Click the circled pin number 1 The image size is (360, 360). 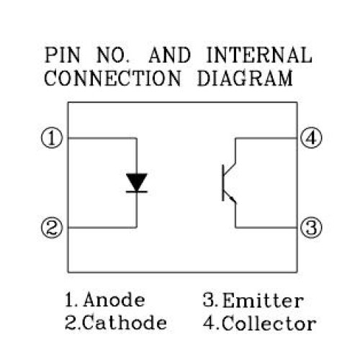(x=52, y=138)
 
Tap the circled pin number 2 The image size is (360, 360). (x=52, y=228)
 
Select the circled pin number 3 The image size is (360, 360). (x=311, y=228)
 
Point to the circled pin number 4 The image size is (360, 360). (x=311, y=138)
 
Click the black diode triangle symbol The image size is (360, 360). (x=137, y=181)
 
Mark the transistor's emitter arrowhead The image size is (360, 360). (x=232, y=199)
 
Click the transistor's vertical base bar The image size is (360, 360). (x=223, y=183)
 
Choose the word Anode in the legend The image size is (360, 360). (x=114, y=300)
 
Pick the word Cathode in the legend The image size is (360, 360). (x=125, y=323)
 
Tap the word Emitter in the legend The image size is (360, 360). (x=263, y=300)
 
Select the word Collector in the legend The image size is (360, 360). (x=269, y=323)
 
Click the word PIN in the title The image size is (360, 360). (x=63, y=55)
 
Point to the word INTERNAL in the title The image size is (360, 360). (x=259, y=55)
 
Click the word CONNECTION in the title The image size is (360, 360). (x=112, y=78)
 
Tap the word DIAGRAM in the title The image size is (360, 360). (x=245, y=78)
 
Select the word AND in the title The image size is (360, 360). (x=170, y=55)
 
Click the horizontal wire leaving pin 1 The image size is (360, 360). (x=102, y=138)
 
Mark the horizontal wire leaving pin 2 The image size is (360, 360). (x=102, y=227)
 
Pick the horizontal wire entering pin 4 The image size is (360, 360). (x=266, y=138)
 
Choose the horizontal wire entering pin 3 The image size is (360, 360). (x=266, y=227)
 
